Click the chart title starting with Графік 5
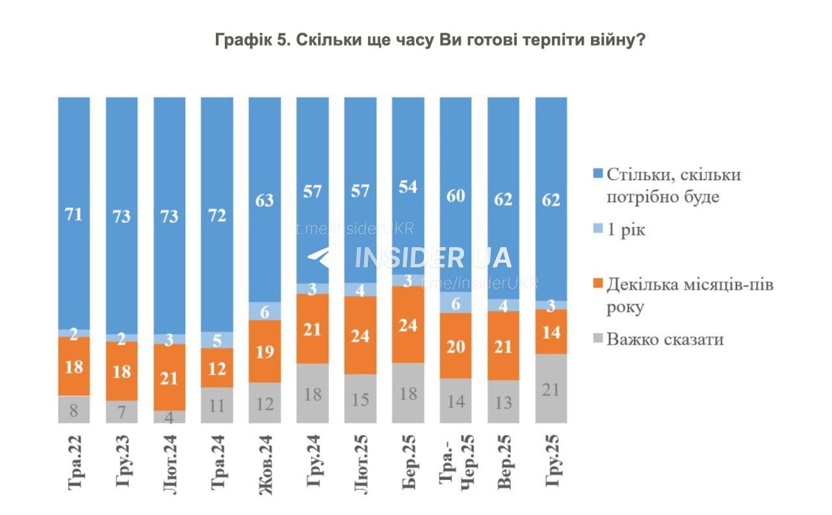pyautogui.click(x=430, y=40)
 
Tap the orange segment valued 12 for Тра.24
pyautogui.click(x=217, y=368)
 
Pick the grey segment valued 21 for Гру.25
pyautogui.click(x=551, y=388)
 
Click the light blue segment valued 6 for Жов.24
pyautogui.click(x=265, y=311)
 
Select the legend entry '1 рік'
pyautogui.click(x=625, y=230)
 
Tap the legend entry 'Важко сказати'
pyautogui.click(x=665, y=339)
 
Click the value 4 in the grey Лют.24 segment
pyautogui.click(x=170, y=417)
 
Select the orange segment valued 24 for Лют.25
pyautogui.click(x=360, y=335)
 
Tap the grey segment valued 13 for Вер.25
pyautogui.click(x=503, y=402)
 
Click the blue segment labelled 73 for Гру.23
pyautogui.click(x=122, y=216)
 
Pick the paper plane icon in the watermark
pyautogui.click(x=322, y=257)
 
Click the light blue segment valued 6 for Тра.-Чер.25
pyautogui.click(x=456, y=302)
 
